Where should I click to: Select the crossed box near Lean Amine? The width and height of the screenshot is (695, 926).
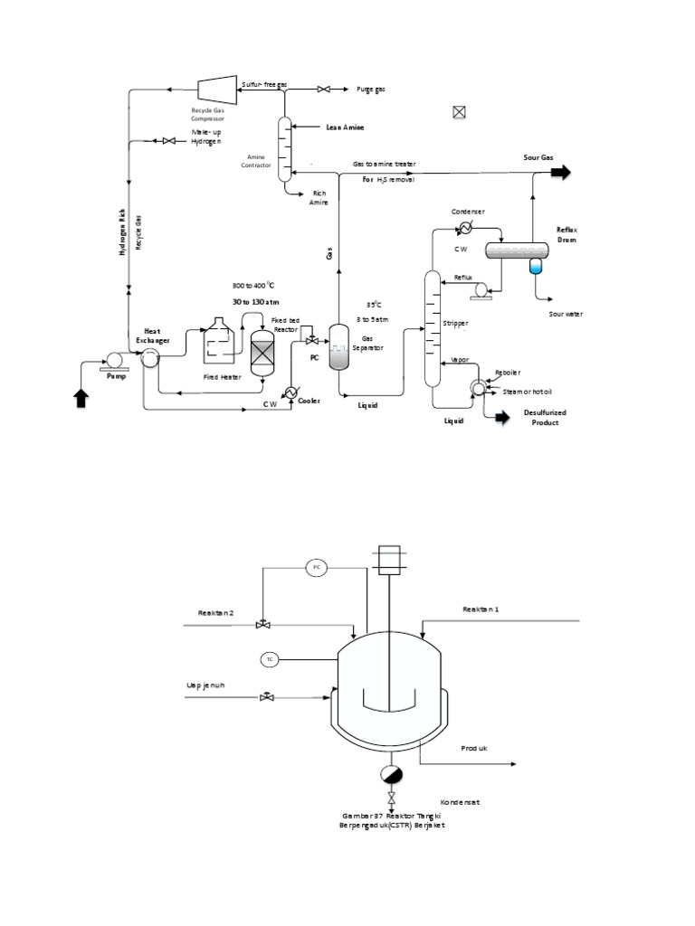[x=459, y=113]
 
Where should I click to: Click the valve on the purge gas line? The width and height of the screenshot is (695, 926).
[x=323, y=89]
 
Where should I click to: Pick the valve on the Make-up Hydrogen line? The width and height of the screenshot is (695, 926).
[x=168, y=140]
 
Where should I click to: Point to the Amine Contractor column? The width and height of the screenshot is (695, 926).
[x=283, y=147]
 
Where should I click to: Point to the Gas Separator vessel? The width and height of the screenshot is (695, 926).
[x=338, y=347]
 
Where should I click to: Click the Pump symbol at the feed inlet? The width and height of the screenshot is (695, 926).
[x=114, y=359]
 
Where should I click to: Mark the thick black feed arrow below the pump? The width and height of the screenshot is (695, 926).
[x=82, y=398]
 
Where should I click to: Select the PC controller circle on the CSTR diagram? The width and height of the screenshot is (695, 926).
[x=316, y=567]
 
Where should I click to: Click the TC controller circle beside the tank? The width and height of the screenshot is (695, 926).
[x=269, y=659]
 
